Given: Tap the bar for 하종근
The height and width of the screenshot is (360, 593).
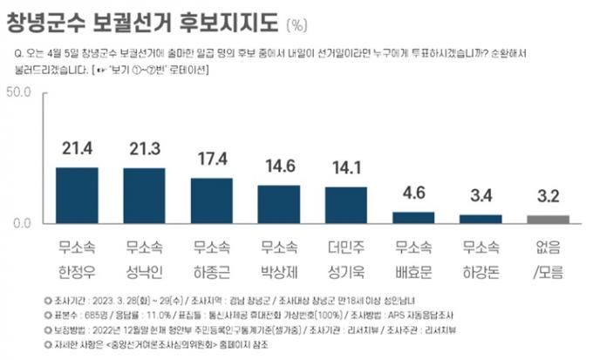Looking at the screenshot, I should coord(212,200).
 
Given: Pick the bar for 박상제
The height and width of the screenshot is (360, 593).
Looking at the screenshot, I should coord(279,204).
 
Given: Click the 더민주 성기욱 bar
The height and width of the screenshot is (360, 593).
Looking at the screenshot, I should coord(346,205).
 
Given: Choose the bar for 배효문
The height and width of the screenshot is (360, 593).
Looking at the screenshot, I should coord(413,218).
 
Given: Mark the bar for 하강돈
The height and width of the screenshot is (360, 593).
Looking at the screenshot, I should coord(481,219).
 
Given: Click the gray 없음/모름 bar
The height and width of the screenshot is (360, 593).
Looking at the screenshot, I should coord(548,220).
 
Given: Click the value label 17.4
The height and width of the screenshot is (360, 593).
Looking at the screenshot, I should coord(212,160).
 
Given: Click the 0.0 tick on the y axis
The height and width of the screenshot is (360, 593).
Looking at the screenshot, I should coord(23,223).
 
